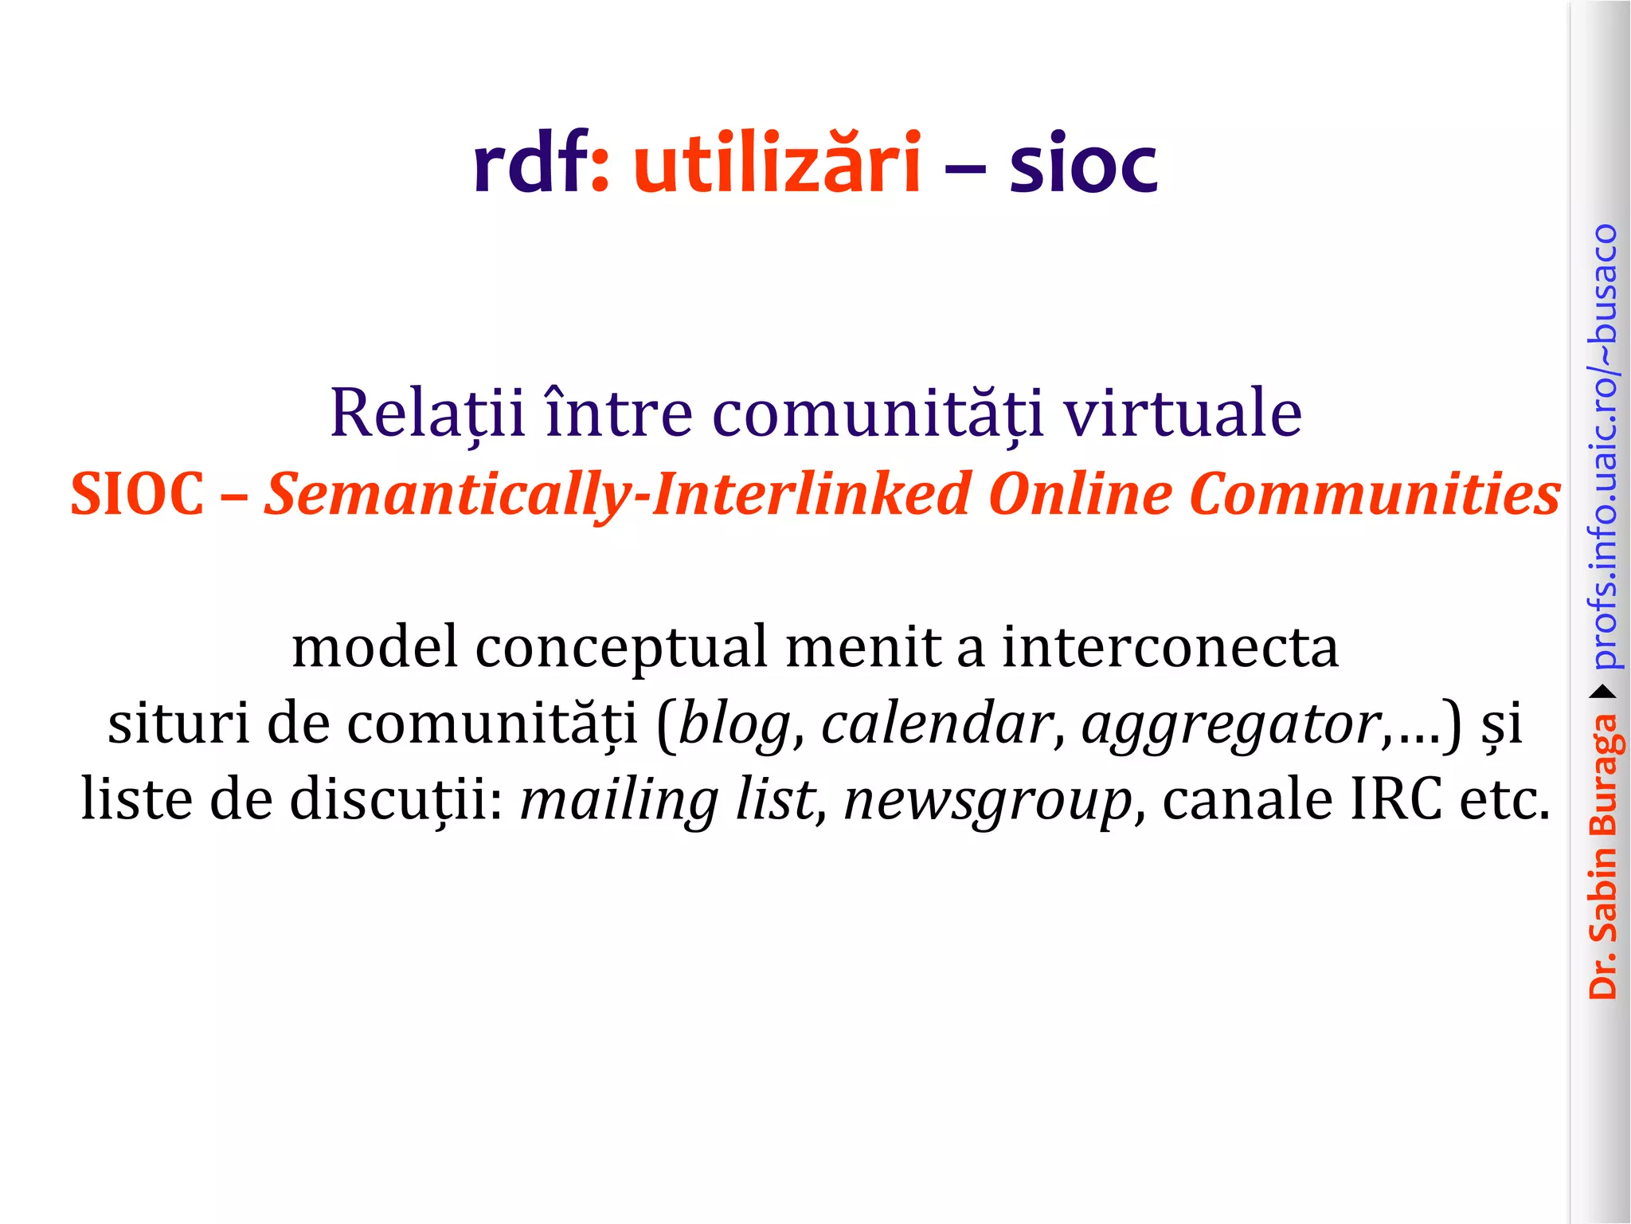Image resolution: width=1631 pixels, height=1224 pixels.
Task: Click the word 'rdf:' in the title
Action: click(x=541, y=163)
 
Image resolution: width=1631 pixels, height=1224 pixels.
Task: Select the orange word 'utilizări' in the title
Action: click(x=776, y=163)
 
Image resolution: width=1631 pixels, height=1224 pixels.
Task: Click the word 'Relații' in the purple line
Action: click(x=428, y=414)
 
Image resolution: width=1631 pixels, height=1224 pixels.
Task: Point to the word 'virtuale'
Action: click(x=1183, y=414)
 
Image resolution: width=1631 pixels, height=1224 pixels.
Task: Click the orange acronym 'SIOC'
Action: click(x=137, y=494)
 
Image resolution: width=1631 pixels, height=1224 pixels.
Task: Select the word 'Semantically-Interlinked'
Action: click(x=618, y=494)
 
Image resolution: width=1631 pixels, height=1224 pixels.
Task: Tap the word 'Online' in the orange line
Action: click(x=1080, y=494)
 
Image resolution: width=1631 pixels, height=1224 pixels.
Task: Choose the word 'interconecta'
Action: click(x=1170, y=647)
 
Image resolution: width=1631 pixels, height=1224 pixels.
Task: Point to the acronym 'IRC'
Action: click(x=1395, y=799)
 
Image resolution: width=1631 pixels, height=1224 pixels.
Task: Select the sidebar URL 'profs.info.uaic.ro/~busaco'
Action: click(x=1603, y=446)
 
